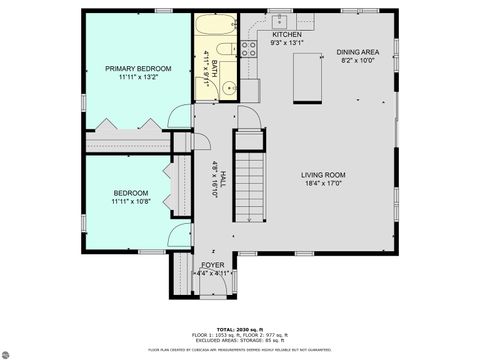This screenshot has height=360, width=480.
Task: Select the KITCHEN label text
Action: coord(286,35)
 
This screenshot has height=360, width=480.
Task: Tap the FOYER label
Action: coord(213,265)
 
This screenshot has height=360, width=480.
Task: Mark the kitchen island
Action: coord(307,77)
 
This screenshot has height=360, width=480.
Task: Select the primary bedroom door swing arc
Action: coord(180,117)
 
